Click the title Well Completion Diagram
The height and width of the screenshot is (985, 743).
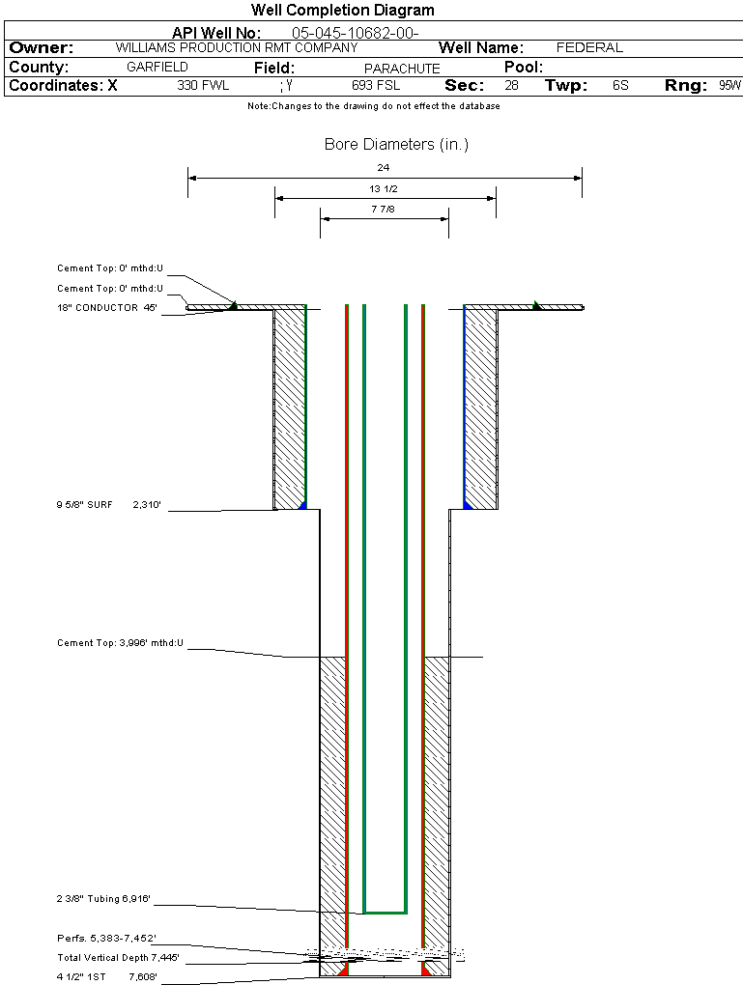(x=342, y=11)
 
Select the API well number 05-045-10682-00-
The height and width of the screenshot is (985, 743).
(x=355, y=33)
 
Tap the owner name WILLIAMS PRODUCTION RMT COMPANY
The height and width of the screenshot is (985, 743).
(x=236, y=47)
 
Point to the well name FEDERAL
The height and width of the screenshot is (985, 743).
(x=589, y=47)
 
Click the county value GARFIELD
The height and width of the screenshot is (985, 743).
(x=157, y=68)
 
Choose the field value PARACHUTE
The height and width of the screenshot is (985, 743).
(x=402, y=69)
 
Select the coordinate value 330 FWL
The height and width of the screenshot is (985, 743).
(x=203, y=86)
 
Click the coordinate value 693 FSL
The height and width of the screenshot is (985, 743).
(x=376, y=86)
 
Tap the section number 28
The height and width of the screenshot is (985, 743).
(x=511, y=86)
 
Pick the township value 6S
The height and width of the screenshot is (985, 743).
(x=620, y=86)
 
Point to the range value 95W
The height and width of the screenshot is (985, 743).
(x=729, y=86)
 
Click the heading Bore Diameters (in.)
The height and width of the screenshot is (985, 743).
(x=396, y=145)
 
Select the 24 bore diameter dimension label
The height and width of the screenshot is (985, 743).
(x=384, y=167)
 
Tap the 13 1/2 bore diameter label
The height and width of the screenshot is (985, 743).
(x=384, y=188)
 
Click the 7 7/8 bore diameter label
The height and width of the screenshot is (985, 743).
(x=384, y=209)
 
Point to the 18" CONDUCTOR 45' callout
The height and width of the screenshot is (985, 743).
(x=106, y=308)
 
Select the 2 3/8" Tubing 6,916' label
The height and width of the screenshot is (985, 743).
(x=103, y=899)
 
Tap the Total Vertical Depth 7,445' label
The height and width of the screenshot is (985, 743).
(x=118, y=957)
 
